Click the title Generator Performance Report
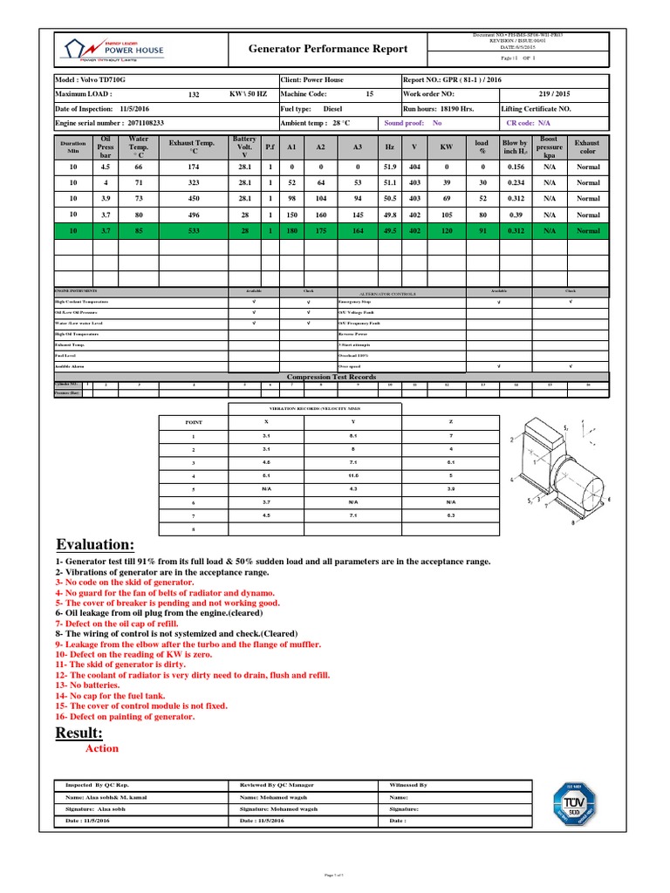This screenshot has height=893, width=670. click(x=328, y=50)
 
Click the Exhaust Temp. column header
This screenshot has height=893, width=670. click(x=191, y=147)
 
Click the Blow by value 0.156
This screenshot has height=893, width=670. click(x=516, y=167)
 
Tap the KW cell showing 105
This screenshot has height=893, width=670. click(x=446, y=215)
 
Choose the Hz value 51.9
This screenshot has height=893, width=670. click(x=389, y=167)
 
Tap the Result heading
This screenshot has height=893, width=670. click(x=79, y=732)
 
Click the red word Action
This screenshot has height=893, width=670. click(x=102, y=748)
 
